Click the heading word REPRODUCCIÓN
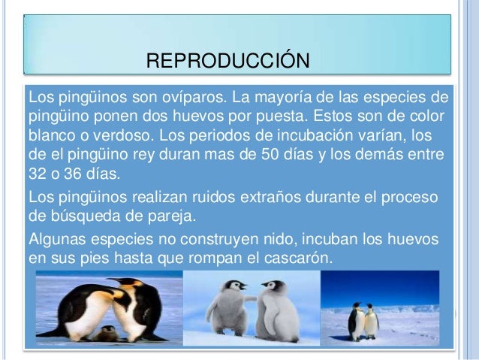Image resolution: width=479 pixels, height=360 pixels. (x=226, y=60)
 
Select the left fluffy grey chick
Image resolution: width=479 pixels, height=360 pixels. (x=226, y=312)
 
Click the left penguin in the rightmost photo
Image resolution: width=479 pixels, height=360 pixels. (x=357, y=322)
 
